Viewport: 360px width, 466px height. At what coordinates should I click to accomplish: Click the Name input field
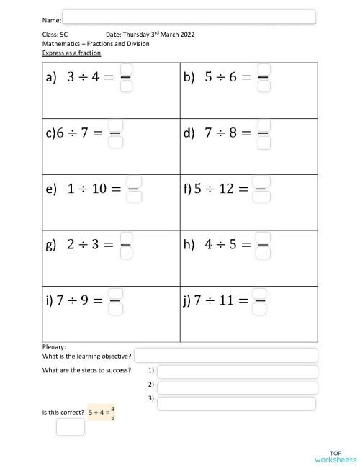(189, 17)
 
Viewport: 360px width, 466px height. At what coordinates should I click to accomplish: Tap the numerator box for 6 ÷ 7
(115, 125)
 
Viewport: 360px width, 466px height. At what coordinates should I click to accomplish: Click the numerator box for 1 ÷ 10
(134, 182)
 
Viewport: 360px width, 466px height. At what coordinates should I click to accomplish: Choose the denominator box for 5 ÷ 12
(262, 197)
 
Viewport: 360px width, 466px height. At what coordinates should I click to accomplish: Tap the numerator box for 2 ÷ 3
(125, 237)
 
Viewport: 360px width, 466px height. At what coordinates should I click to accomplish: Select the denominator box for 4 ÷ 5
(264, 253)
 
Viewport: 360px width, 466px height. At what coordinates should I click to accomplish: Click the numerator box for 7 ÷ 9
(115, 292)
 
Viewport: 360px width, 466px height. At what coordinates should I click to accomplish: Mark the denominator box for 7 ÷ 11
(261, 308)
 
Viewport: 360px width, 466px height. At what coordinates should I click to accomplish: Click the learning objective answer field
(226, 355)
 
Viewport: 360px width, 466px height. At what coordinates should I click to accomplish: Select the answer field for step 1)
(237, 372)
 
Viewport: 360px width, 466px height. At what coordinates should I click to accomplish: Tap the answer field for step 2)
(237, 387)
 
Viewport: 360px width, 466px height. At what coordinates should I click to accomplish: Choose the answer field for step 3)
(237, 403)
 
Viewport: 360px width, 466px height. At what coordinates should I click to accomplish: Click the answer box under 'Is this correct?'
(70, 427)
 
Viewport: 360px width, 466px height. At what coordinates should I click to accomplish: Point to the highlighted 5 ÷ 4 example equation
(102, 413)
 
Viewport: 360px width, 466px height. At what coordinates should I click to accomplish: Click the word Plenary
(55, 346)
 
